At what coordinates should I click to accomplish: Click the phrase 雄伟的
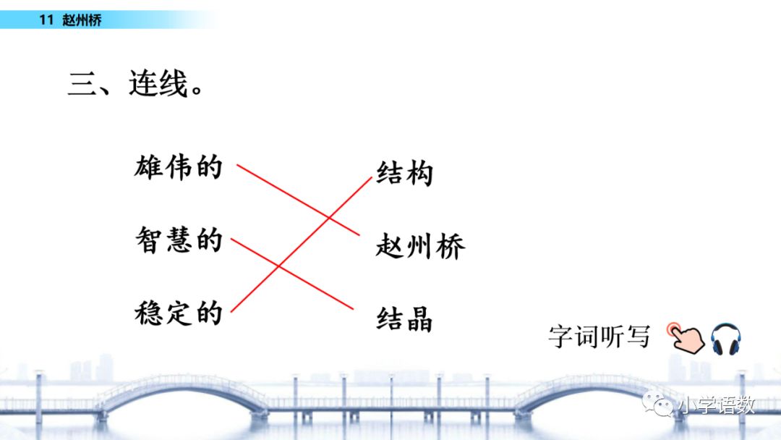coord(178,168)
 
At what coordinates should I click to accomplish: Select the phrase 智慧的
coord(178,240)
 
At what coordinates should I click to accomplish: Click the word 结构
coord(404,174)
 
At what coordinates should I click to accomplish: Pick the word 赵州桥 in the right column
coord(420,247)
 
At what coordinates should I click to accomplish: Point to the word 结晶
coord(404,318)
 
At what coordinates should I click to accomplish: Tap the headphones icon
coord(725,339)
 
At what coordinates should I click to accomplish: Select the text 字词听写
coord(599,337)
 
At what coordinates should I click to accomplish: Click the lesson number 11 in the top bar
coord(46,20)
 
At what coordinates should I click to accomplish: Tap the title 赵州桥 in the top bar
coord(82,20)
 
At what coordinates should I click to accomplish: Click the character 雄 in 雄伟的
coord(149,168)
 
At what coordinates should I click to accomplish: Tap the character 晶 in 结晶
coord(419,318)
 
